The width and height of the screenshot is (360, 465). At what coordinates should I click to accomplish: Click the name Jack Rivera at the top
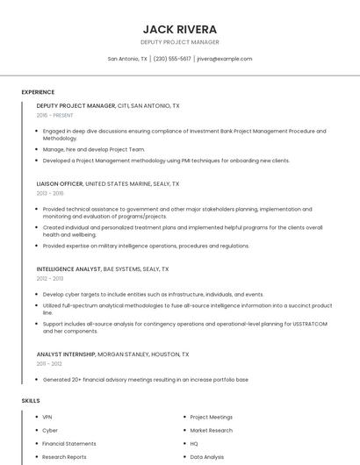[179, 29]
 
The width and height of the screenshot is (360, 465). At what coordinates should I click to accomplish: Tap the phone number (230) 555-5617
[172, 59]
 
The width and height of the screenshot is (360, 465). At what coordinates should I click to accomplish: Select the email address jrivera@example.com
[224, 59]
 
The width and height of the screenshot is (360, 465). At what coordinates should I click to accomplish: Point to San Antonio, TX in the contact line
[127, 59]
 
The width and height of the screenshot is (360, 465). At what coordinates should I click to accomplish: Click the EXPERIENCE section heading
[38, 92]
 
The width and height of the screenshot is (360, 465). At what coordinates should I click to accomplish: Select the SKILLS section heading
[31, 400]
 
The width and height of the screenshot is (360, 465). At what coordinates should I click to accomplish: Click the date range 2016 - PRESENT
[54, 115]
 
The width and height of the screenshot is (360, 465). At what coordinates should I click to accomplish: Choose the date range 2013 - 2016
[50, 193]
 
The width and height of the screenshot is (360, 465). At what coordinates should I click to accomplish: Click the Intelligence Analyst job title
[69, 269]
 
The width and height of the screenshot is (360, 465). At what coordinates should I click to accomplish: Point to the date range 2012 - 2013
[50, 278]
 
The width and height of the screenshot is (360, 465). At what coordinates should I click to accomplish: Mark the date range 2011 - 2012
[49, 363]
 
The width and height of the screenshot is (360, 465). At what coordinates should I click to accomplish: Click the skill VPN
[47, 418]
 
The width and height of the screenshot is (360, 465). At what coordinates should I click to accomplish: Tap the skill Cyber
[50, 431]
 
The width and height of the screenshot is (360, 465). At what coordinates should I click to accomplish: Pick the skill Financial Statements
[69, 444]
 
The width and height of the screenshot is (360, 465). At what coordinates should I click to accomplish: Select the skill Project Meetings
[211, 418]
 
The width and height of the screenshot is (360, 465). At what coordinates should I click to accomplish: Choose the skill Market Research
[211, 431]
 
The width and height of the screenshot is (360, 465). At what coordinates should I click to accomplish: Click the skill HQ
[194, 444]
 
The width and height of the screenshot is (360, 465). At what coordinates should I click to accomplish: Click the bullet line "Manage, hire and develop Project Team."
[94, 149]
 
